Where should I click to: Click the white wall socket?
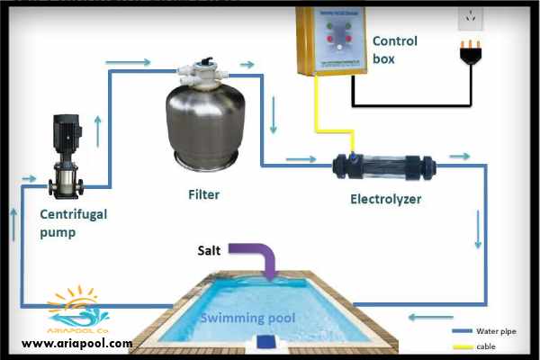(x=470, y=15)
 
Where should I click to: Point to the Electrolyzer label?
(x=386, y=197)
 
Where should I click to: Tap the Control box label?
(x=393, y=50)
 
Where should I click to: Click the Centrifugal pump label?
(x=71, y=222)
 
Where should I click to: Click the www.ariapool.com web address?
(x=76, y=343)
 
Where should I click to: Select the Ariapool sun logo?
(x=76, y=307)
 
